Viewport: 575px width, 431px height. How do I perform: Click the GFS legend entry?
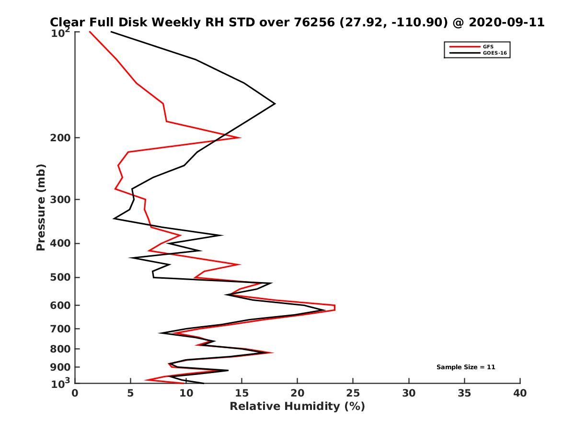489,46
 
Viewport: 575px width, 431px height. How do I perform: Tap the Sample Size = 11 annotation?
465,367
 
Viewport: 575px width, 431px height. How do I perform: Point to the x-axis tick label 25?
353,393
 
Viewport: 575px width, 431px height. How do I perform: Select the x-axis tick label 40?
520,393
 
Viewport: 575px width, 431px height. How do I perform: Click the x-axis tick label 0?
75,393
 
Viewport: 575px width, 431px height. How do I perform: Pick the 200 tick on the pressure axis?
61,138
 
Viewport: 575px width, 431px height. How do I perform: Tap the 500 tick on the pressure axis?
61,277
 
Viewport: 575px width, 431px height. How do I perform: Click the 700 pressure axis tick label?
61,329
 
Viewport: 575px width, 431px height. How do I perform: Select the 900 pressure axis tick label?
61,367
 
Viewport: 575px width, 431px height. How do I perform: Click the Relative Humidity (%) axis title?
297,407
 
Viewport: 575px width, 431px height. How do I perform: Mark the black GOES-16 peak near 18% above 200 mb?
275,103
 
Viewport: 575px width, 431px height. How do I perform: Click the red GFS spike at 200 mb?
239,138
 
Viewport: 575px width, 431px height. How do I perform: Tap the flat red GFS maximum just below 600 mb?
334,307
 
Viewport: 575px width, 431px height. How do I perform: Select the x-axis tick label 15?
242,393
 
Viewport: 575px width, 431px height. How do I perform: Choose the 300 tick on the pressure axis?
61,199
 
